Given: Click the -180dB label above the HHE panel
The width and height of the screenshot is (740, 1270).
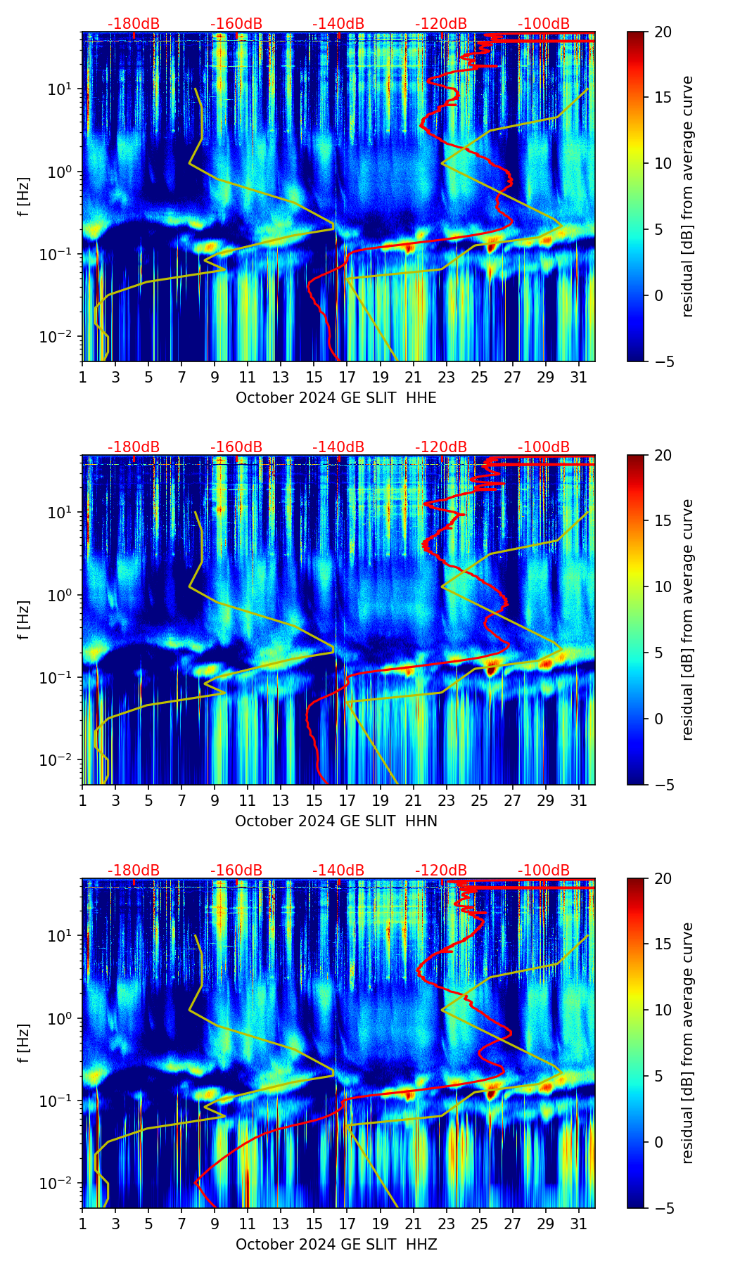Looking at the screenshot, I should coord(134,24).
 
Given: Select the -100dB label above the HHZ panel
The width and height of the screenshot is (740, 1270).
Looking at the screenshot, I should coord(544,871).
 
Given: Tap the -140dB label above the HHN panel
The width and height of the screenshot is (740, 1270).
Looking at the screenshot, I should coord(338,447).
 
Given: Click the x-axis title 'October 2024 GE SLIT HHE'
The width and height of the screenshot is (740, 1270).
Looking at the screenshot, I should coord(336,398).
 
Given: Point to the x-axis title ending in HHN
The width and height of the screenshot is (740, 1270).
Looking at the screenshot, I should coord(336,821).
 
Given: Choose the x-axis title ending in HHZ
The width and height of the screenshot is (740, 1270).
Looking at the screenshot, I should coord(336,1245).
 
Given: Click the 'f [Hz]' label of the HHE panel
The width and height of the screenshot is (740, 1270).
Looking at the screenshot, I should coord(24,197).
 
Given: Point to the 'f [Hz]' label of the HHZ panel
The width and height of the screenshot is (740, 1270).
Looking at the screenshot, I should coord(24,1044).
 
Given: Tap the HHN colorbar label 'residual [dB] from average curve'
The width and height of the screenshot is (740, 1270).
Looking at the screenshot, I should coord(688,620).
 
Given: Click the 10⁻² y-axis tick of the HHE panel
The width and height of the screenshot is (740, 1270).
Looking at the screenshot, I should coord(65,337).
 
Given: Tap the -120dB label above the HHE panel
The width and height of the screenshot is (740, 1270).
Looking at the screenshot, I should coord(441,24).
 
